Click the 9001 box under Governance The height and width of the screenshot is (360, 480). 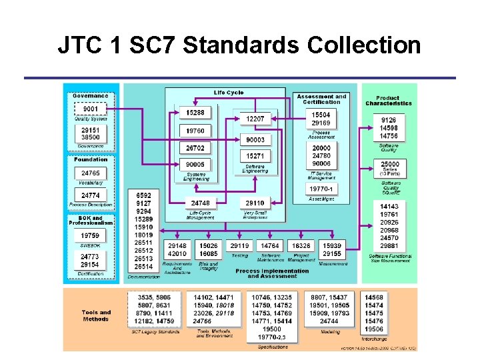(x=90, y=109)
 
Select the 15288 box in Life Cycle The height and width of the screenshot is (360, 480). (x=195, y=113)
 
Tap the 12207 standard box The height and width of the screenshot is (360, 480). (x=255, y=119)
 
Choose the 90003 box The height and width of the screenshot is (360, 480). (x=255, y=140)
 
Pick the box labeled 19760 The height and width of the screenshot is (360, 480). (x=195, y=131)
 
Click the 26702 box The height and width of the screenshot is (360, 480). (x=195, y=148)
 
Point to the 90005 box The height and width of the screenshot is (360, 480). (x=195, y=164)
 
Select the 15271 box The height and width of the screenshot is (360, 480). (x=255, y=156)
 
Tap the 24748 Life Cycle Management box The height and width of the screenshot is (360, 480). (x=200, y=203)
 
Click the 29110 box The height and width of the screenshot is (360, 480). (x=255, y=203)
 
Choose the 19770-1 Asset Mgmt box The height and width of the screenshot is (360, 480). (x=321, y=189)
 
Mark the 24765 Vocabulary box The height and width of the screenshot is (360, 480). (x=90, y=173)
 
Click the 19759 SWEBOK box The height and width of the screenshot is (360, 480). (x=90, y=235)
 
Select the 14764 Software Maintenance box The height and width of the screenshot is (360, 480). (x=270, y=246)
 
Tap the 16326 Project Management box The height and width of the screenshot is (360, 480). (x=301, y=246)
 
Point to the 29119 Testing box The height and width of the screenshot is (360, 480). (x=239, y=246)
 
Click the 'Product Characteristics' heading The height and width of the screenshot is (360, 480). (x=388, y=101)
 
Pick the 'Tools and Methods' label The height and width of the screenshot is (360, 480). (x=96, y=315)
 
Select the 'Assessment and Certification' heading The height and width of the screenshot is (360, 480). (x=321, y=99)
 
